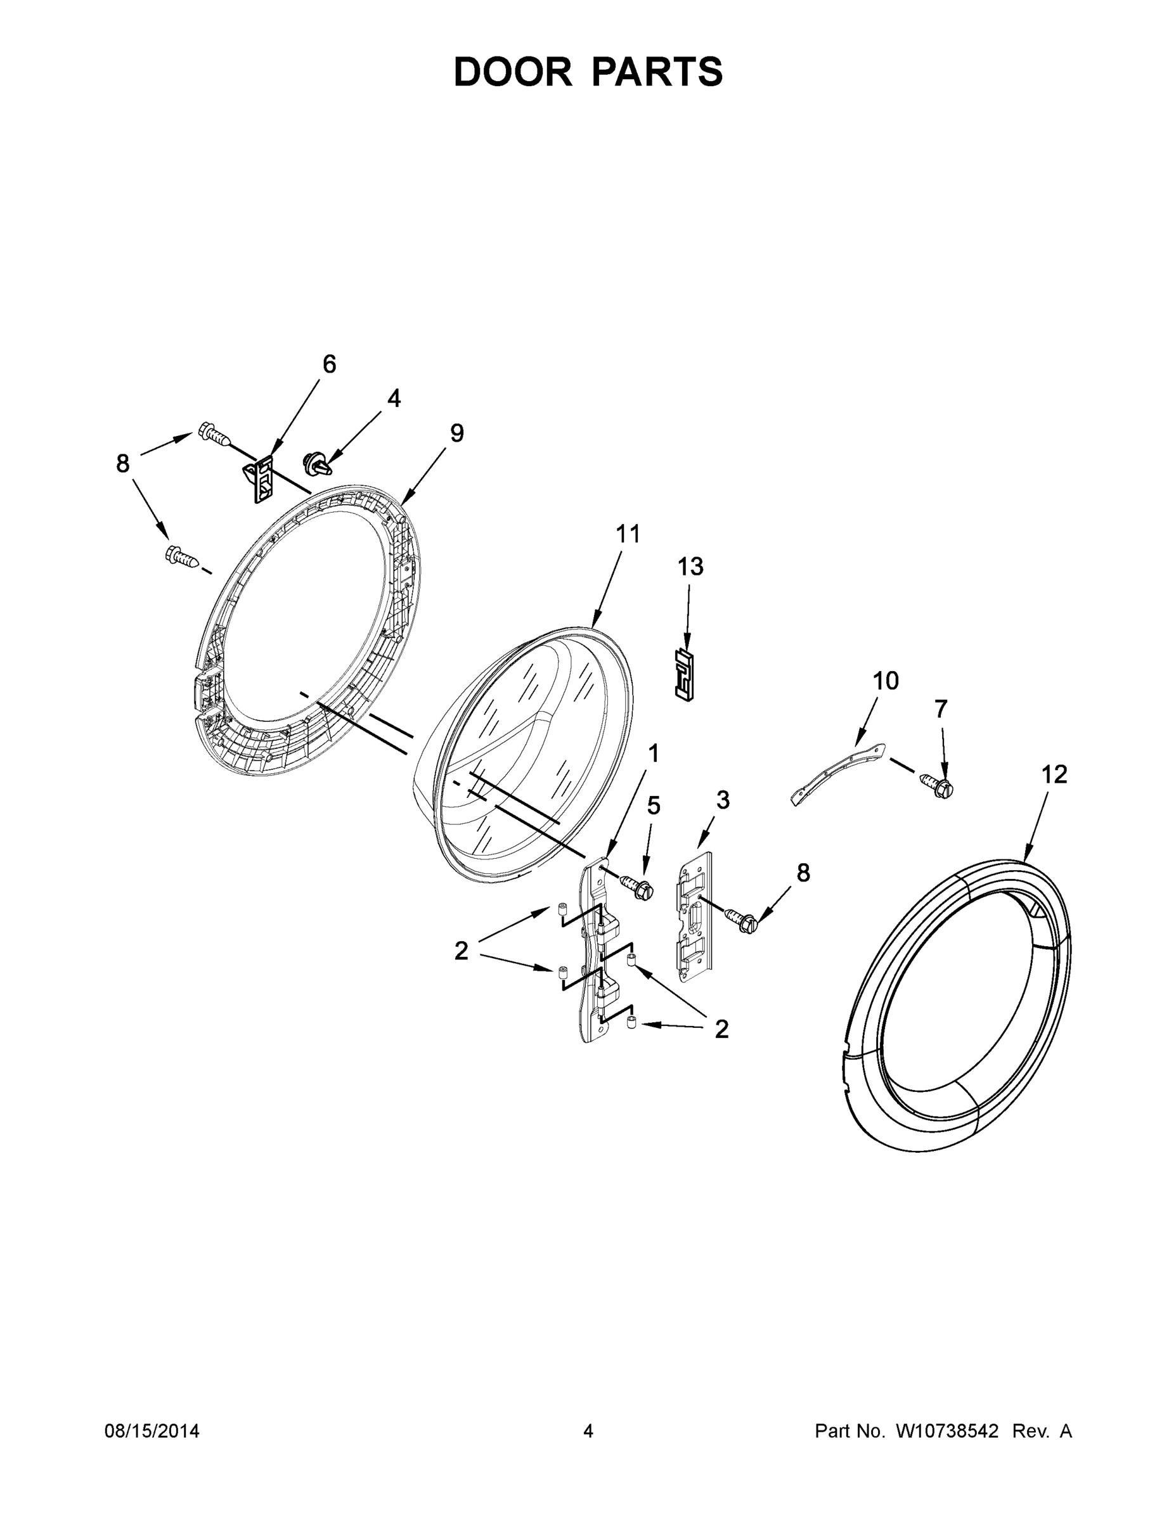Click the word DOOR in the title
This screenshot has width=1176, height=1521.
coord(513,72)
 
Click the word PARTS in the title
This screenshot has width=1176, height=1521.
coord(657,72)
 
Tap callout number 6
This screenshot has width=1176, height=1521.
coord(329,364)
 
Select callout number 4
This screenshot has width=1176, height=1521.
coord(394,399)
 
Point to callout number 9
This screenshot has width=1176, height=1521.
coord(456,433)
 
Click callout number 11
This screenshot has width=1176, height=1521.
coord(628,534)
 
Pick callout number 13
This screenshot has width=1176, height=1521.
coord(690,567)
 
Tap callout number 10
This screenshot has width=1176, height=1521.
coord(886,681)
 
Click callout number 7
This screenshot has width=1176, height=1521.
coord(941,709)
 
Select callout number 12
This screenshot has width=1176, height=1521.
coord(1054,774)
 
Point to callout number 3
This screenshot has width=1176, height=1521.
coord(723,800)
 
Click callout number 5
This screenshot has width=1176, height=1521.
coord(654,805)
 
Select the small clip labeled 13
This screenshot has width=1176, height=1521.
coord(685,674)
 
